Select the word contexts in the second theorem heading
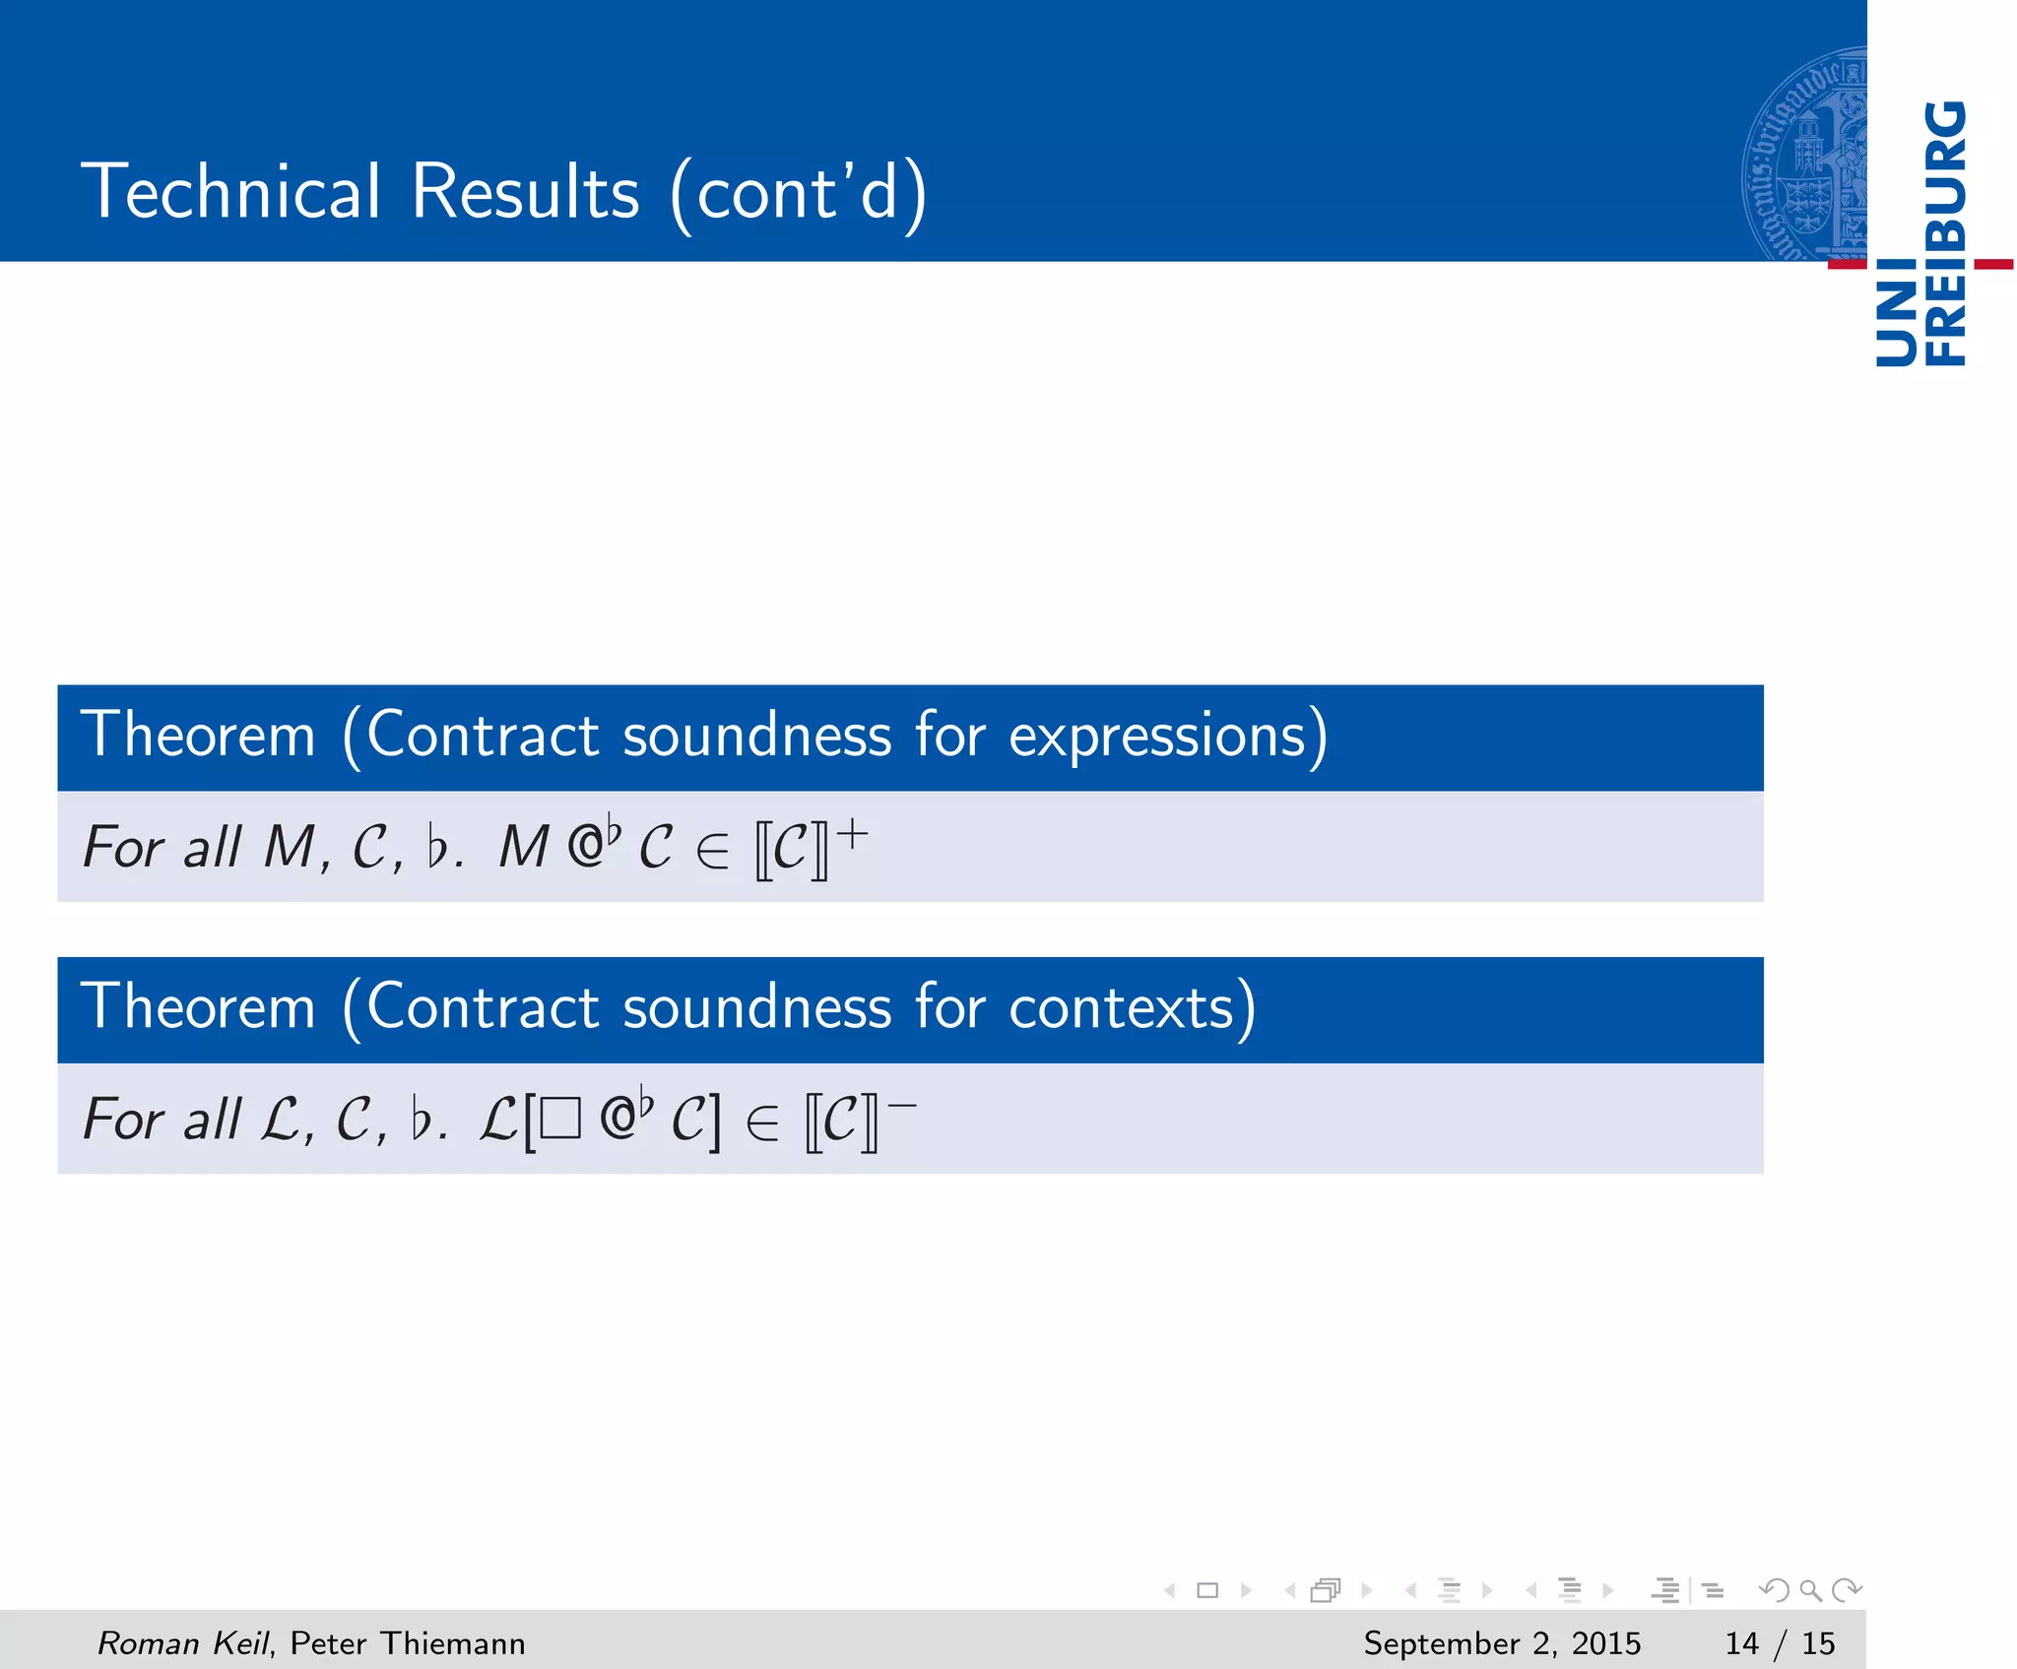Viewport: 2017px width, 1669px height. [x=1123, y=1008]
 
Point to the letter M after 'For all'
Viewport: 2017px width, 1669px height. [x=290, y=847]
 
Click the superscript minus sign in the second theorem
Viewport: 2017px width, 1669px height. [x=902, y=1107]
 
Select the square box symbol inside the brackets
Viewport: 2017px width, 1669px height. [x=560, y=1120]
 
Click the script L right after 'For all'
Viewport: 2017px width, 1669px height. [x=281, y=1120]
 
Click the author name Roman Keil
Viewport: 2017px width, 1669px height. [x=182, y=1642]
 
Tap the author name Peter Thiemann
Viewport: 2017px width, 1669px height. [x=408, y=1642]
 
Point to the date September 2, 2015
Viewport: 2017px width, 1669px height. [x=1502, y=1642]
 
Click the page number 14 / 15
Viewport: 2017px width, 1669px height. [x=1780, y=1642]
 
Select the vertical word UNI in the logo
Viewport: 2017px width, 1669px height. [x=1896, y=314]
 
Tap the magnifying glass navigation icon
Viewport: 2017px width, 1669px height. [x=1810, y=1590]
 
